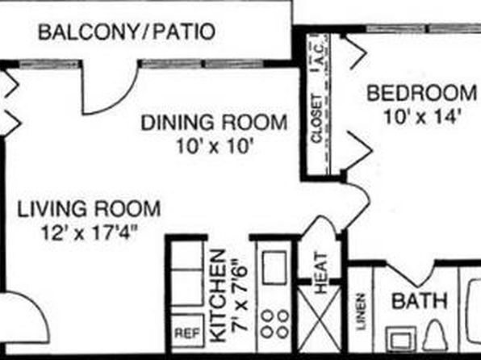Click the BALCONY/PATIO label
point(127,32)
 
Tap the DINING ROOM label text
point(214,122)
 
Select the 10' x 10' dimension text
point(215,147)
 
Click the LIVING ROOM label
point(89,209)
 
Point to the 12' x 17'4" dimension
point(89,232)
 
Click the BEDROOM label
point(422,93)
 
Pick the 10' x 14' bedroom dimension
point(422,117)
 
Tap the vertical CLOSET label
point(316,119)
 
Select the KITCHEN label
point(219,296)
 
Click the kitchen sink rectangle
point(274,267)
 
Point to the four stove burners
point(275,324)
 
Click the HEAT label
point(321,273)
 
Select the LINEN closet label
point(362,312)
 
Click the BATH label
point(420,301)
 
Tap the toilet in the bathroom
point(434,335)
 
